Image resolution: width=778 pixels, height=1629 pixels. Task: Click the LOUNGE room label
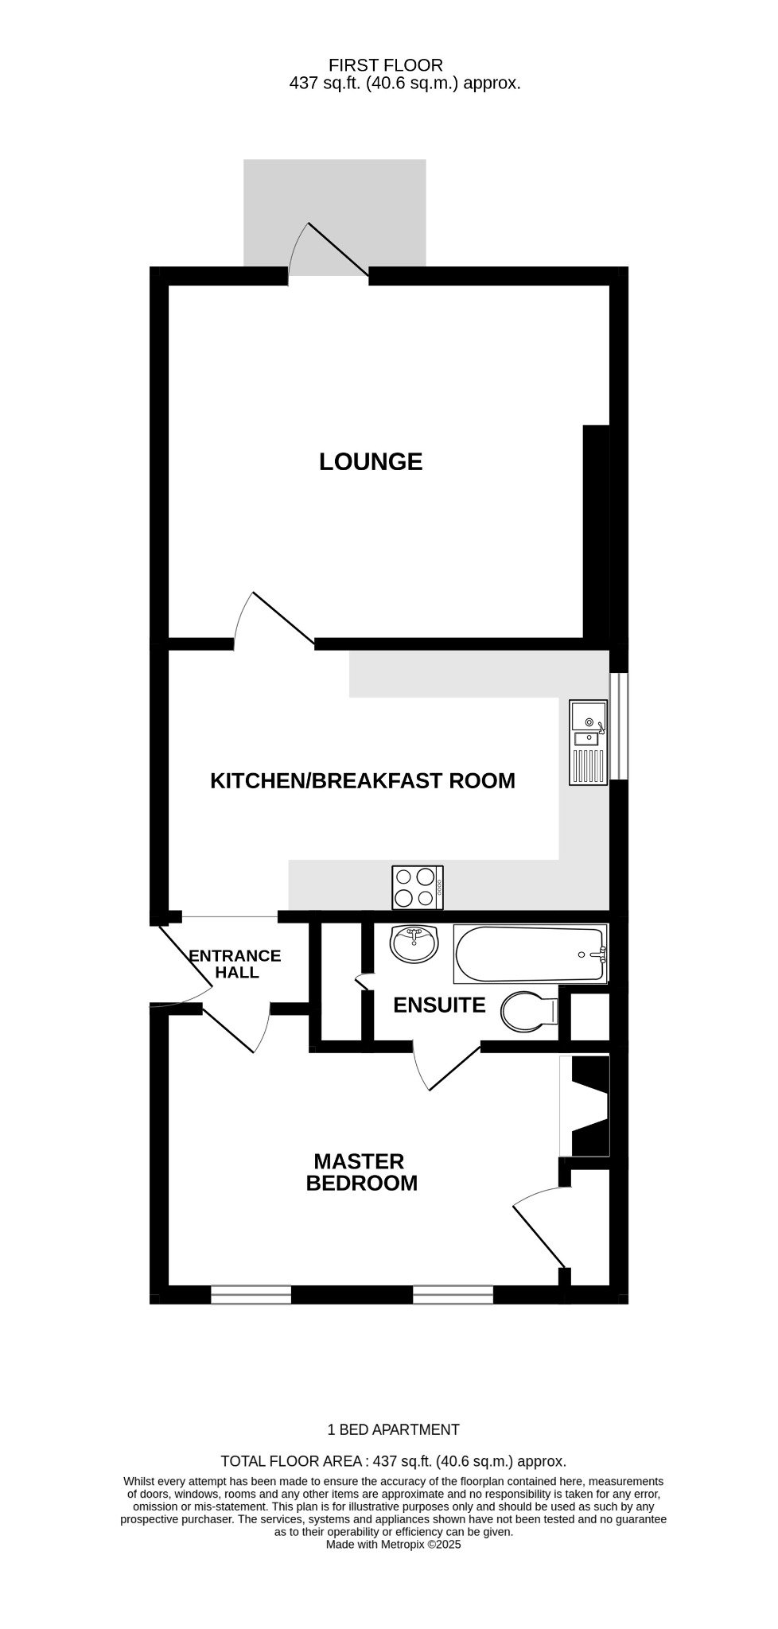pyautogui.click(x=371, y=461)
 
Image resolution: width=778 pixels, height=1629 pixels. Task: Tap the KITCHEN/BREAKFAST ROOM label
pyautogui.click(x=362, y=780)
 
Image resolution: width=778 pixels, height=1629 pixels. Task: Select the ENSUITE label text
pyautogui.click(x=439, y=1005)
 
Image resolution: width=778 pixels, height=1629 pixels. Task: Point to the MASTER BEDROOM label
pyautogui.click(x=361, y=1172)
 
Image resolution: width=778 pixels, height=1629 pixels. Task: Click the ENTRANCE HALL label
pyautogui.click(x=235, y=963)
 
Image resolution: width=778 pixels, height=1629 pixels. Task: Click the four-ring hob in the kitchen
pyautogui.click(x=418, y=887)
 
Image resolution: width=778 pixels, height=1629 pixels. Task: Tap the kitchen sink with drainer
pyautogui.click(x=588, y=742)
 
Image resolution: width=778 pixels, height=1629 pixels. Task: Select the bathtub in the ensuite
pyautogui.click(x=529, y=954)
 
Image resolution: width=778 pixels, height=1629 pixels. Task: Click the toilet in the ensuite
pyautogui.click(x=529, y=1011)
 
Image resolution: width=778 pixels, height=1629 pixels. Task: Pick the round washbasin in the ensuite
pyautogui.click(x=414, y=943)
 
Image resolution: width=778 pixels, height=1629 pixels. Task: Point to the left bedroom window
pyautogui.click(x=251, y=1294)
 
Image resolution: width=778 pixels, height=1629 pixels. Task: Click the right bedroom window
pyautogui.click(x=453, y=1294)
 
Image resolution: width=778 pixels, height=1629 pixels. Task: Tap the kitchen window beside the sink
pyautogui.click(x=619, y=725)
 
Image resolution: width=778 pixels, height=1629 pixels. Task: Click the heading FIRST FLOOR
pyautogui.click(x=386, y=65)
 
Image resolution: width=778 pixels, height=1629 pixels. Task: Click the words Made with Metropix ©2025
pyautogui.click(x=393, y=1544)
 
